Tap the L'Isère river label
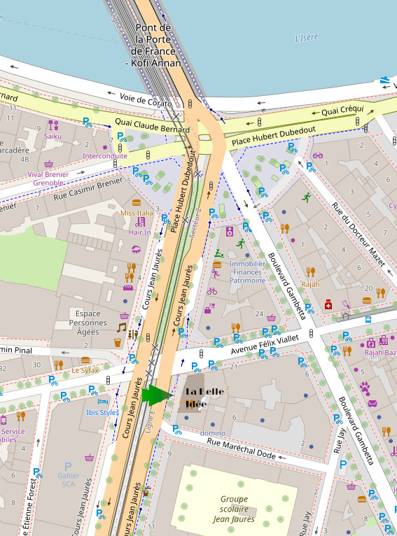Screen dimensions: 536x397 (x=307, y=38)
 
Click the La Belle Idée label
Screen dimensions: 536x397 (x=204, y=397)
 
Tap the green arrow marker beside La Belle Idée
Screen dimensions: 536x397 (x=155, y=395)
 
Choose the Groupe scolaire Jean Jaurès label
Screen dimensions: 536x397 (x=233, y=509)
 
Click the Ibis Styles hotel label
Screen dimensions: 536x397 (x=102, y=412)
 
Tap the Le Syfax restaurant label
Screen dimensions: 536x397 (x=85, y=370)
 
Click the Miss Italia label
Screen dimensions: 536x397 (x=137, y=213)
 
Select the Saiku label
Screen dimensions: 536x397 (x=53, y=136)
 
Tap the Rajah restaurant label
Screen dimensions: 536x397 (x=310, y=284)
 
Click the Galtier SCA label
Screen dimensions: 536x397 (x=68, y=479)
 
